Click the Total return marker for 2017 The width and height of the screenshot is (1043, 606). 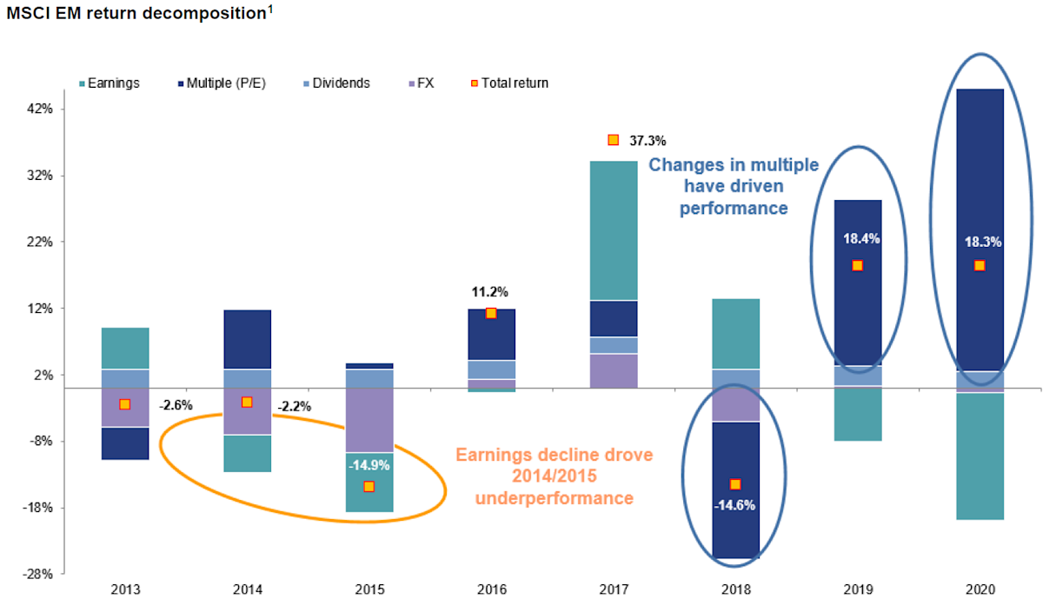coord(613,140)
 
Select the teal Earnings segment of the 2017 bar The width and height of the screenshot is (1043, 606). coord(613,230)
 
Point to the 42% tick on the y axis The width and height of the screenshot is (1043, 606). coord(41,109)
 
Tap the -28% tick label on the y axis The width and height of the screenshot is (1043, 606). coord(38,574)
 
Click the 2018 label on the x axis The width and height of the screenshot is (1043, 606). coord(735,588)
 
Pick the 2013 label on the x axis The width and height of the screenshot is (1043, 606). coord(125,588)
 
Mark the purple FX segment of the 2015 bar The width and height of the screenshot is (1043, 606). coord(369,420)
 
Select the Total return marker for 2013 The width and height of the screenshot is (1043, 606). coord(125,404)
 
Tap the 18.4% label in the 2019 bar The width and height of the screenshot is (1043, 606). coord(858,237)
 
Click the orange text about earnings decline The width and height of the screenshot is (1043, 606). coord(554,476)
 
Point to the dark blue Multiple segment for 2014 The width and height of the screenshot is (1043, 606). coord(247,339)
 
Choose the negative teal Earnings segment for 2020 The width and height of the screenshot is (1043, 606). coord(980,456)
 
